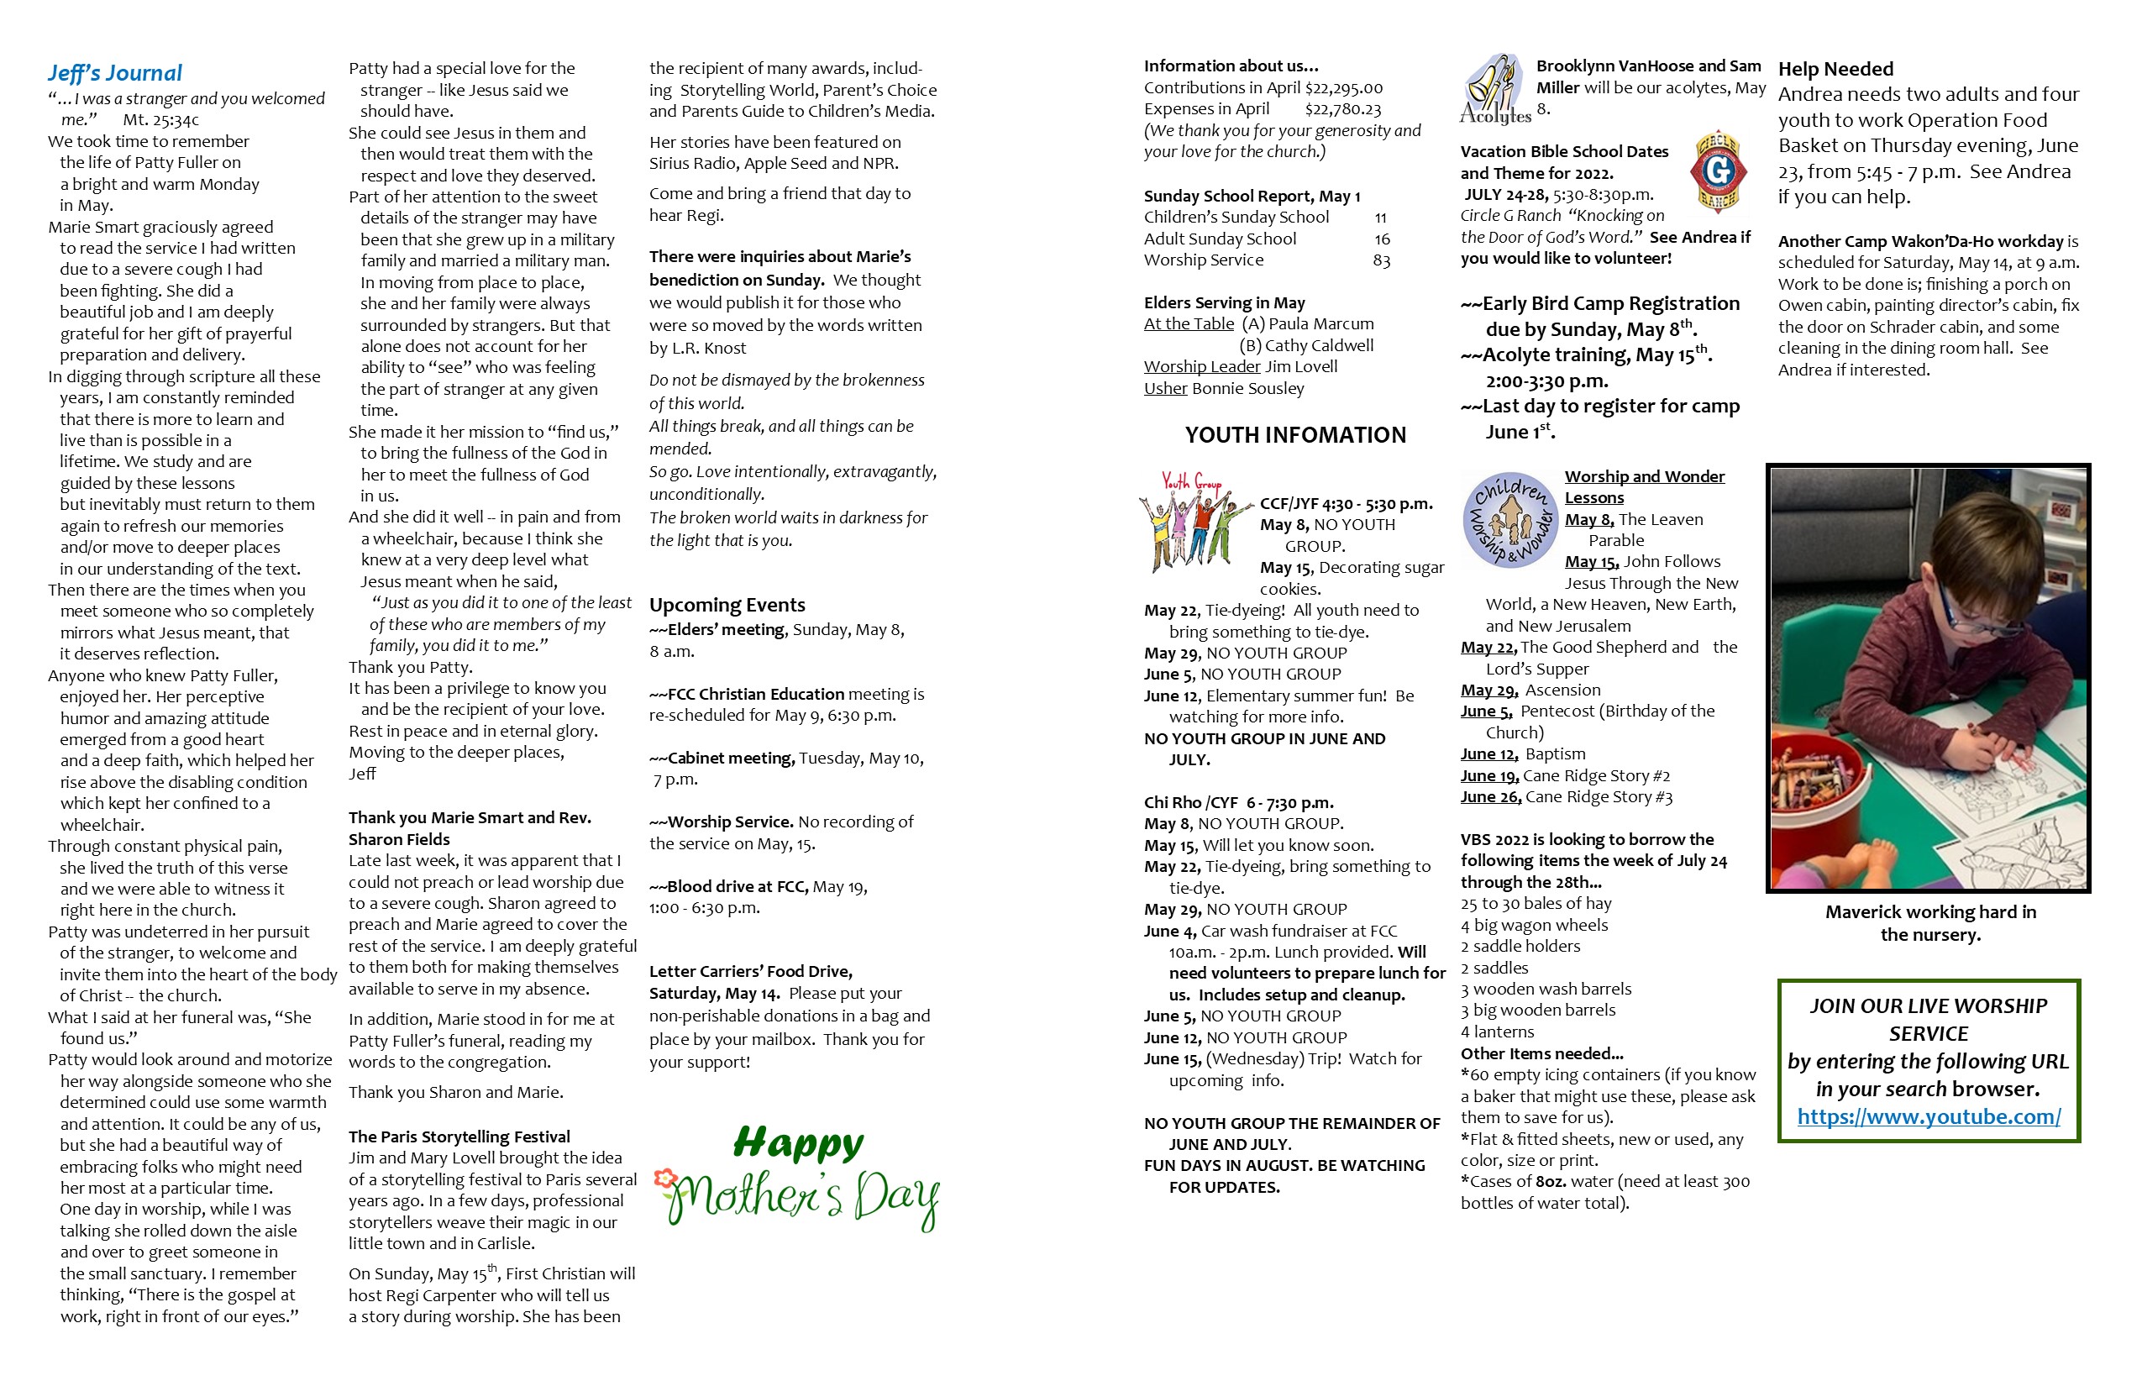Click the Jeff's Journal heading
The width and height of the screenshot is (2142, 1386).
[x=114, y=73]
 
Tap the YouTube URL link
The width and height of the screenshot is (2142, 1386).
[x=1928, y=1116]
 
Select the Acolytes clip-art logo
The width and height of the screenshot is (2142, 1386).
[x=1495, y=89]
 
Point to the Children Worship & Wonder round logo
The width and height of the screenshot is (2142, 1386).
[x=1509, y=520]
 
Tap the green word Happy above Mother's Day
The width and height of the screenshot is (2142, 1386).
[x=798, y=1143]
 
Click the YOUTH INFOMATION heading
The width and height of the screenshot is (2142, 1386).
[x=1294, y=436]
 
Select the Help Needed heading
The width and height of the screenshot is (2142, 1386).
[x=1835, y=69]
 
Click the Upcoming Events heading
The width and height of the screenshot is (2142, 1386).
[x=727, y=605]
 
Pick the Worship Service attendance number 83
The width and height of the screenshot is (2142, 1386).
[x=1381, y=261]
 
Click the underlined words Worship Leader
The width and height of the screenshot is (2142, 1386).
[x=1201, y=367]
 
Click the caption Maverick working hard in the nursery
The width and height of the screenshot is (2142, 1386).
[x=1929, y=922]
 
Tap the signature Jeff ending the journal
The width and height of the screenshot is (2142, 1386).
[x=362, y=774]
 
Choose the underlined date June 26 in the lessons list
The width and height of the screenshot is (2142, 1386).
[x=1489, y=797]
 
